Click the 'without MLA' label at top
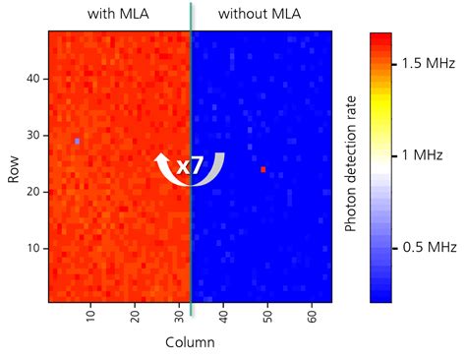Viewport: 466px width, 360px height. [261, 14]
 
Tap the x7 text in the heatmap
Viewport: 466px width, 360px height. [190, 166]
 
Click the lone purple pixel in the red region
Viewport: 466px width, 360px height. [77, 142]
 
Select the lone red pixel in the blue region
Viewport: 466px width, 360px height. [263, 169]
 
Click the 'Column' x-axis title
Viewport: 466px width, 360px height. [189, 342]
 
